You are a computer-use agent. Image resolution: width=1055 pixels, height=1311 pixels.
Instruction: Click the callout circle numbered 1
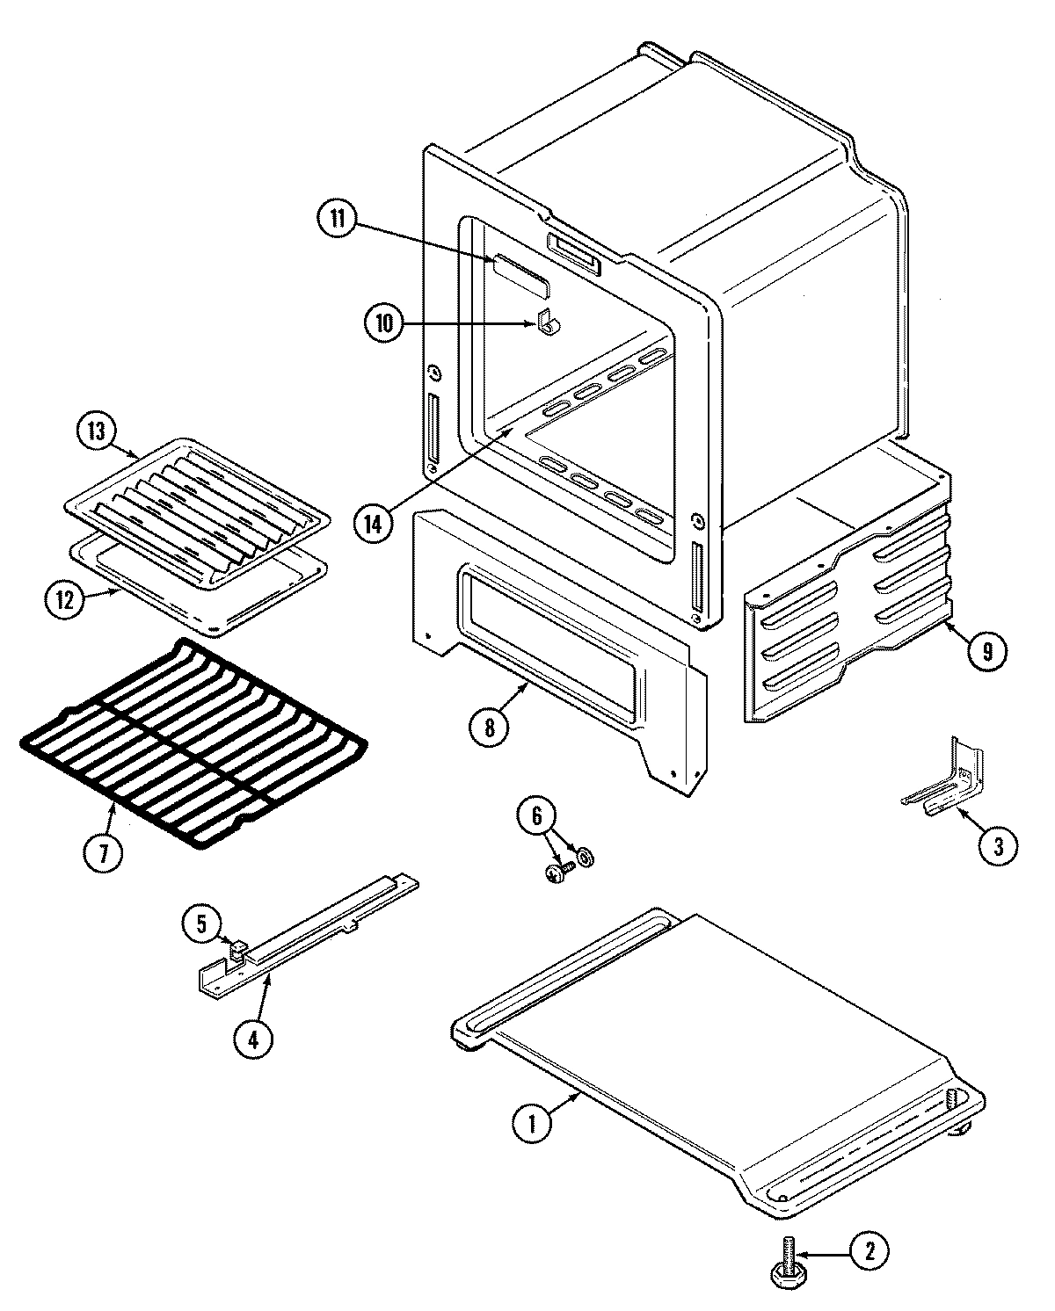531,1123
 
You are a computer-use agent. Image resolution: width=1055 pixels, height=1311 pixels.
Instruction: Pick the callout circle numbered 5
201,923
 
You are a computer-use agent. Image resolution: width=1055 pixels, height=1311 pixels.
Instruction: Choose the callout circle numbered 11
338,218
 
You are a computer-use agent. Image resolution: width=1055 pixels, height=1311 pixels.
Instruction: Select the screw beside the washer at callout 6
556,872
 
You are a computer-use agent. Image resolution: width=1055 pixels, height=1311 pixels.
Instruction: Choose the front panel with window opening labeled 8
554,650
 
